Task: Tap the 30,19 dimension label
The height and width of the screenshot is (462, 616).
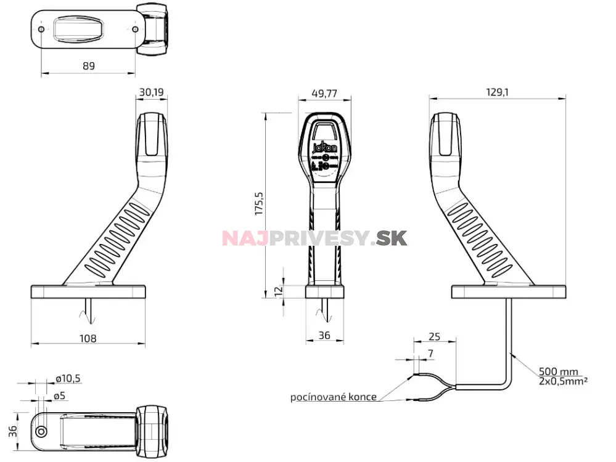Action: coord(151,92)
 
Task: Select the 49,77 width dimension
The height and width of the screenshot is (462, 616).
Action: coord(324,94)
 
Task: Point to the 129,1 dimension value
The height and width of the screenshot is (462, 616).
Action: coord(497,92)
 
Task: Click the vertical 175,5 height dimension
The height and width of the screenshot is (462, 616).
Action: coord(259,203)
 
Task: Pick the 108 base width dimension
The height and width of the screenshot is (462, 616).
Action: coord(88,338)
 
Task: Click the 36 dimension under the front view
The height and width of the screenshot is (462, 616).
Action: coord(324,336)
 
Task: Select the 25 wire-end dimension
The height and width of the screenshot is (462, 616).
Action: coord(434,336)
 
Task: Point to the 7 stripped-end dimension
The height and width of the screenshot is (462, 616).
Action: coord(430,353)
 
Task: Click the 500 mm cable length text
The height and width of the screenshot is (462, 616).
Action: coord(558,371)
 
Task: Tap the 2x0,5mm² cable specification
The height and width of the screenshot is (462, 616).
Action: coord(562,381)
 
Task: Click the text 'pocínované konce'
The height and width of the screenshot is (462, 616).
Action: coord(333,397)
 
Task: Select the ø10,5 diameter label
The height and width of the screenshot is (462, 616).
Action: coord(68,378)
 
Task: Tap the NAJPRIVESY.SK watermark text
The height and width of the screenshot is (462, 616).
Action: coord(314,238)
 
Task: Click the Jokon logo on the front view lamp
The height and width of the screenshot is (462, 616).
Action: coord(325,147)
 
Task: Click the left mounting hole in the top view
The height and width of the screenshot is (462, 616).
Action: coord(41,30)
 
